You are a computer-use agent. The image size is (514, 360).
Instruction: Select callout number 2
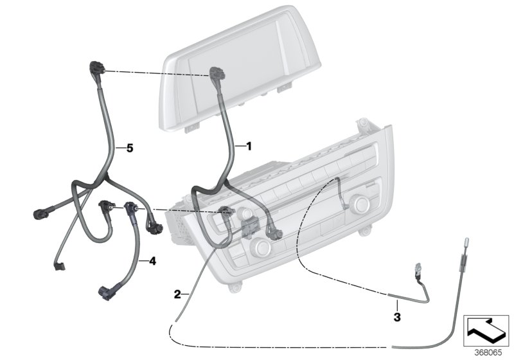[x=177, y=294]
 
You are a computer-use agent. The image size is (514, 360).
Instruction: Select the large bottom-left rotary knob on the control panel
[x=262, y=246]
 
